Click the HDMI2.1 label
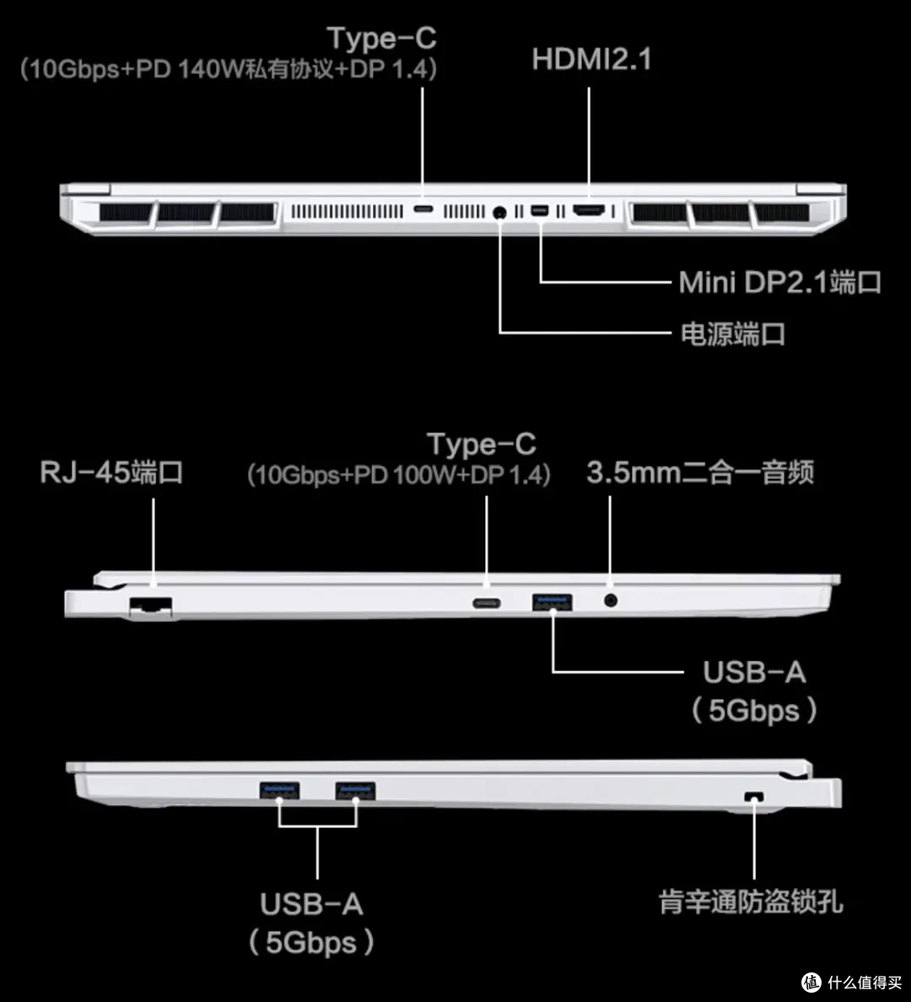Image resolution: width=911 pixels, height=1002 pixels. tap(591, 59)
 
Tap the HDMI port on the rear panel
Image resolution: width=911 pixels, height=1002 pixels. tap(589, 210)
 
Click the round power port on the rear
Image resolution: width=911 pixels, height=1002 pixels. tap(500, 212)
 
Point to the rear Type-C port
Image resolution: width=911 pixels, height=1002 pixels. tap(423, 209)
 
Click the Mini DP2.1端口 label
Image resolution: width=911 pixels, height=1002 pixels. tap(779, 283)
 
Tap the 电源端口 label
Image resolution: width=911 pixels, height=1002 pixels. tap(733, 333)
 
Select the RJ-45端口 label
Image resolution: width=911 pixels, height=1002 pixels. tap(111, 473)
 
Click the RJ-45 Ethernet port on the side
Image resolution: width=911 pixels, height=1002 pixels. tap(151, 605)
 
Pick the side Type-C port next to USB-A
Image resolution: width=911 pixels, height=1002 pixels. tap(487, 604)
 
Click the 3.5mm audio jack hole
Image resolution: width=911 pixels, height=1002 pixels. tap(611, 600)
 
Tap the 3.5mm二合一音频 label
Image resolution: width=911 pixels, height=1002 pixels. tap(700, 473)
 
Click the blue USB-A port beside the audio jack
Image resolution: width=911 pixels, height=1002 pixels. tap(553, 602)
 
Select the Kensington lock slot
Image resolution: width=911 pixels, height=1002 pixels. tap(754, 797)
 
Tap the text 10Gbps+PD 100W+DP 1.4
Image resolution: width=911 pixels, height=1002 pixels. tap(399, 475)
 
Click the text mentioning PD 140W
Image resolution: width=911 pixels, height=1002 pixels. tap(229, 69)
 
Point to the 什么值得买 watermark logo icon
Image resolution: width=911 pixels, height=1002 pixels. tap(811, 983)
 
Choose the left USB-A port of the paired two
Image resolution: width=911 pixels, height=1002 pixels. tap(279, 790)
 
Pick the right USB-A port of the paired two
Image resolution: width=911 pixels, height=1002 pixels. tap(356, 790)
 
